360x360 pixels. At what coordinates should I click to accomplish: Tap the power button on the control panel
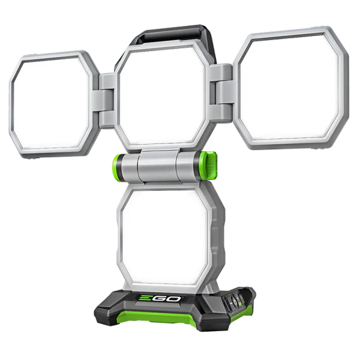coord(235,301)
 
